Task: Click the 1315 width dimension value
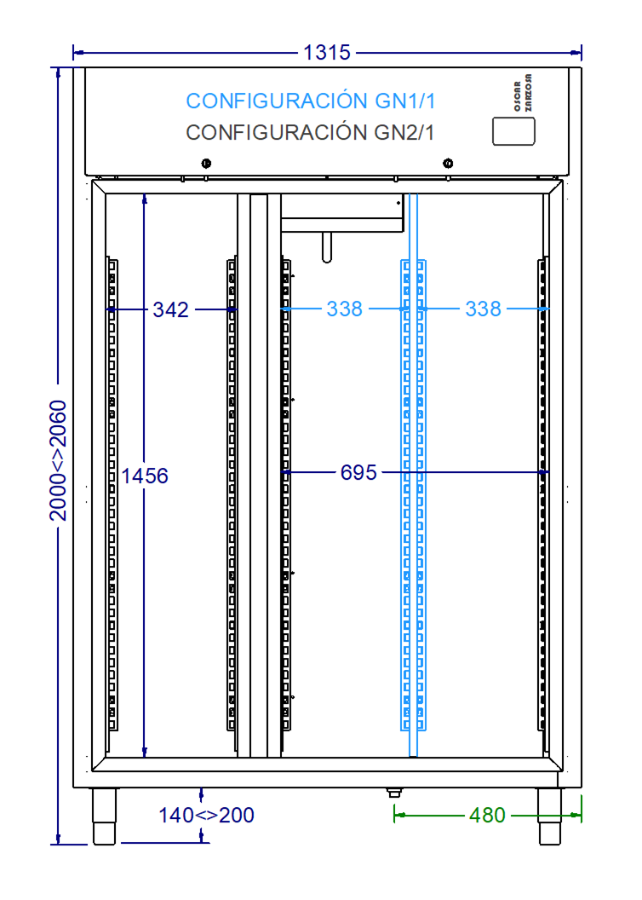tap(327, 53)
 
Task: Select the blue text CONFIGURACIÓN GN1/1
tap(311, 101)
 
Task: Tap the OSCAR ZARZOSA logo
tap(523, 93)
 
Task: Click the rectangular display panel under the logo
tap(513, 130)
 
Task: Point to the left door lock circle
tap(205, 164)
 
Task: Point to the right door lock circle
tap(448, 164)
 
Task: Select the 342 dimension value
tap(170, 310)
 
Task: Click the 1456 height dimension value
tap(145, 476)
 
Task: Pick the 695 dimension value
tap(358, 472)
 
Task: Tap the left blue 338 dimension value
tap(344, 309)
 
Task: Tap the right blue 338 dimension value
tap(483, 309)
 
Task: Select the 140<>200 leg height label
tap(206, 816)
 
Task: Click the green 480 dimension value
tap(487, 816)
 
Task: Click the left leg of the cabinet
tap(104, 816)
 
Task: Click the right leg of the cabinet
tap(549, 816)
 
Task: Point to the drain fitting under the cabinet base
tap(393, 792)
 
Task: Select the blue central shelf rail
tap(413, 494)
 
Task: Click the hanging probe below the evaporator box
tap(327, 247)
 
